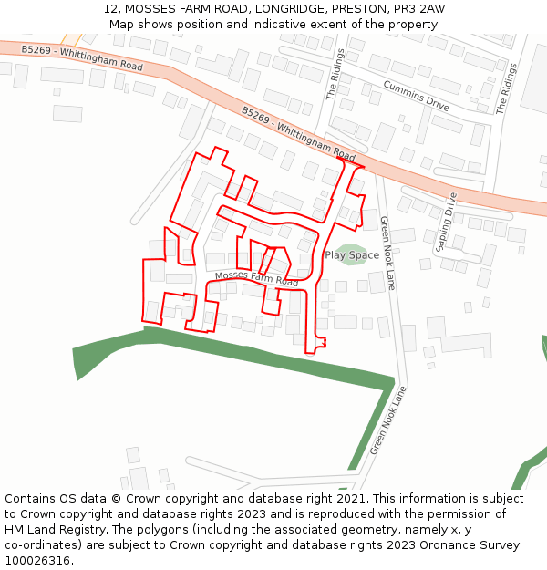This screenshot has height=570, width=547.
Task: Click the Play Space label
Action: pyautogui.click(x=352, y=255)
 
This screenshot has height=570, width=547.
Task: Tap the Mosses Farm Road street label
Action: pyautogui.click(x=256, y=279)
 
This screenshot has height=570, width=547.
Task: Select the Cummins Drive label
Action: pyautogui.click(x=416, y=95)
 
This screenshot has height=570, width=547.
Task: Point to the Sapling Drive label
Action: pyautogui.click(x=446, y=222)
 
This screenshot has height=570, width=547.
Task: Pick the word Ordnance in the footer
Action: pyautogui.click(x=437, y=545)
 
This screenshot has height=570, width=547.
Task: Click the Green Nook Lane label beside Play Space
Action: pyautogui.click(x=387, y=253)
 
